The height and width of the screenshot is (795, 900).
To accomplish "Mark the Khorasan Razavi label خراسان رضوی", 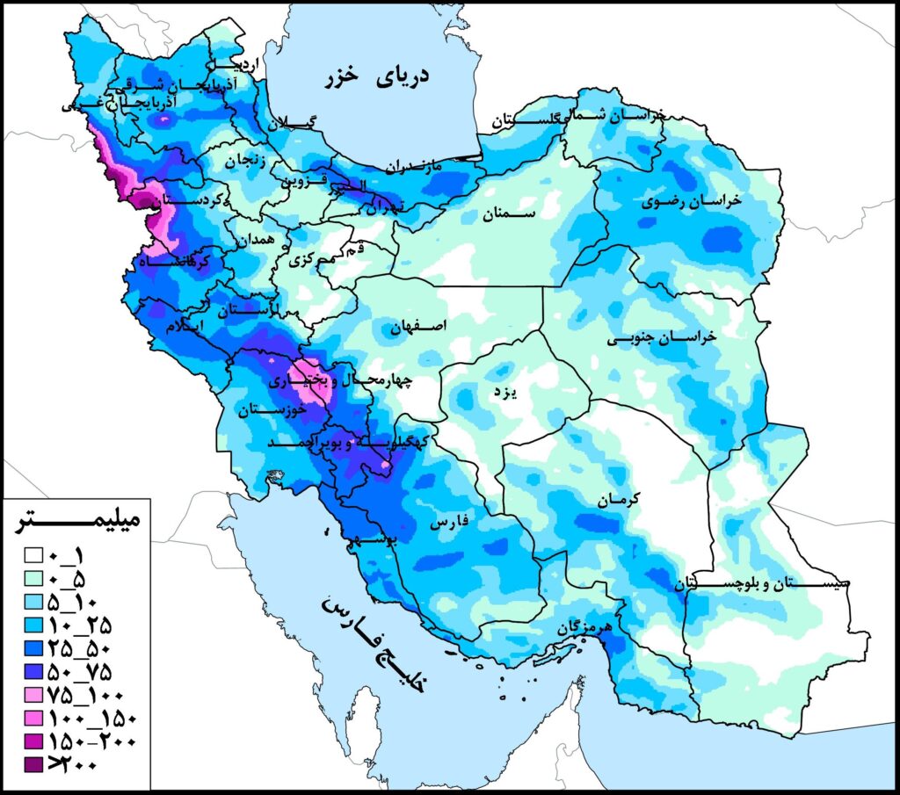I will (693, 201).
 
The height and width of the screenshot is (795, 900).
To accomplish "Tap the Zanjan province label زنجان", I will (247, 162).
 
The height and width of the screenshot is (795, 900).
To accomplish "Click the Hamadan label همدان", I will (257, 239).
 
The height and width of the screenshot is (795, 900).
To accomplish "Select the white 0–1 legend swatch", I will (33, 555).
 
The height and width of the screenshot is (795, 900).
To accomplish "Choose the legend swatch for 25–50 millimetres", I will (33, 648).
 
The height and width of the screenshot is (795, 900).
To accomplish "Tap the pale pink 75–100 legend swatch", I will (33, 694).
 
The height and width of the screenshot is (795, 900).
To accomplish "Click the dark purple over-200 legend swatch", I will (33, 764).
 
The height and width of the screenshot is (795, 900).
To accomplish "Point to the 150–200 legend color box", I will (33, 741).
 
